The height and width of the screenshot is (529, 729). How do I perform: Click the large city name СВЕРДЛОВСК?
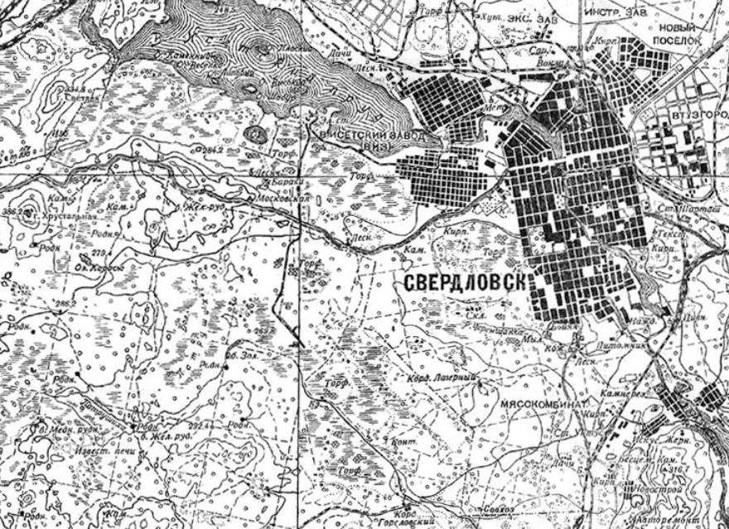point(466,282)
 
